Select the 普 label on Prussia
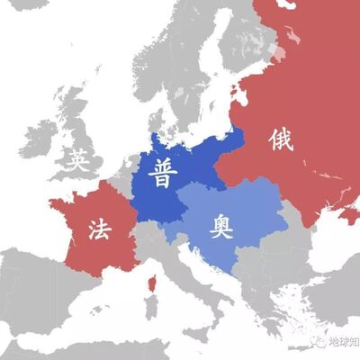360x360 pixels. coord(164,171)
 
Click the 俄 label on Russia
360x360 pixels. coord(280,139)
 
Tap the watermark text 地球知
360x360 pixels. coord(343,343)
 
